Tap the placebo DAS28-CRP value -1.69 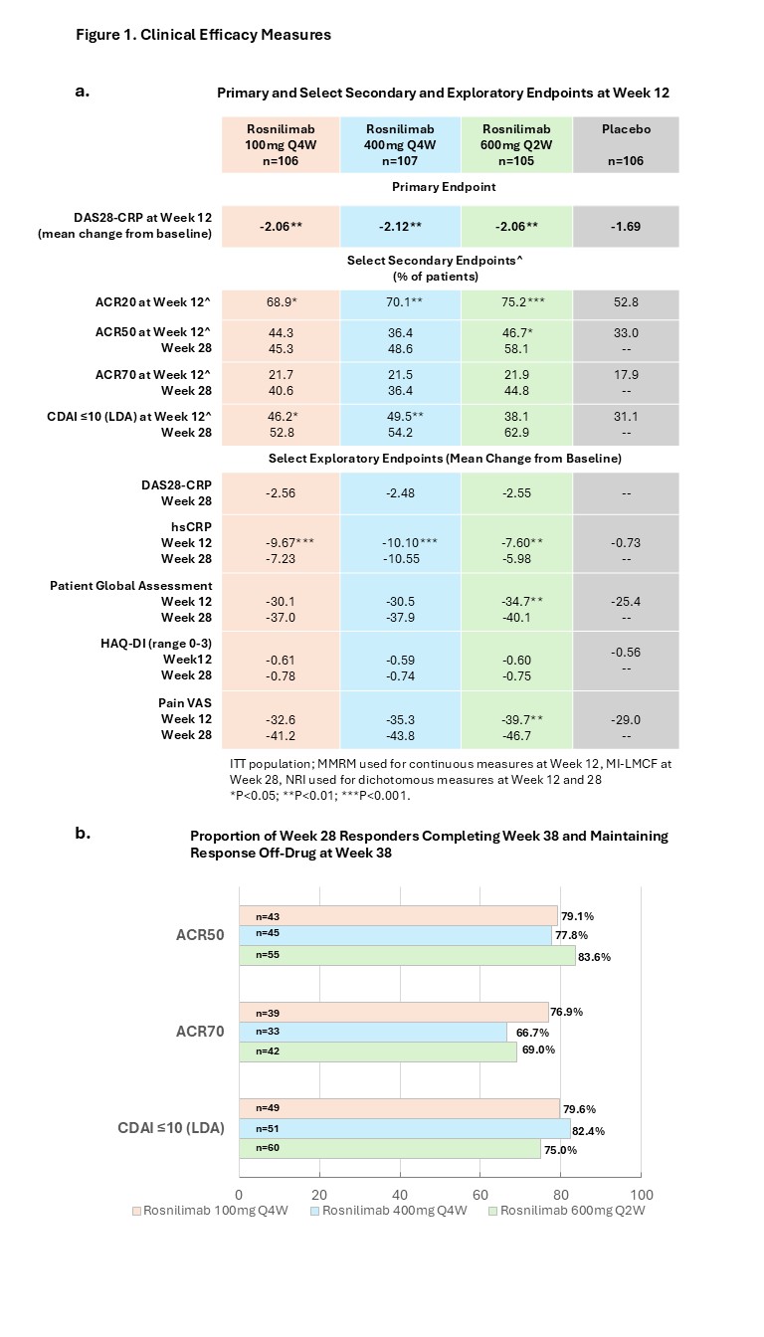click(625, 227)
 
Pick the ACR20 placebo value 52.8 click(625, 303)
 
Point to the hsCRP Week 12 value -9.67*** click(281, 542)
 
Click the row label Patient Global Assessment click(131, 586)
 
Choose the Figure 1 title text click(203, 35)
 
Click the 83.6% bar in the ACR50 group click(408, 956)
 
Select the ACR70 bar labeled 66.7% click(372, 1033)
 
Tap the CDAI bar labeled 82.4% click(404, 1129)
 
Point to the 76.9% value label click(567, 1012)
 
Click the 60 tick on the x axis click(480, 1194)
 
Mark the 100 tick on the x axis click(642, 1194)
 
